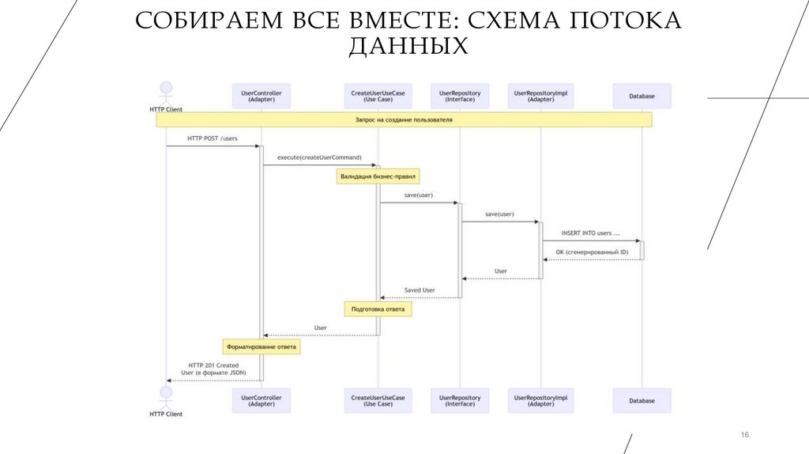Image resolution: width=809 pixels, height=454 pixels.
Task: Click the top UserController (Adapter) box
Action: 261,96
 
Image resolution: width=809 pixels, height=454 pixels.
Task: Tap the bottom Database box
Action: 642,401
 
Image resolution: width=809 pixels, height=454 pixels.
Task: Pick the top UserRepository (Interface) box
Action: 460,96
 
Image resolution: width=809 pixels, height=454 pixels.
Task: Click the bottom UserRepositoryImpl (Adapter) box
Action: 541,401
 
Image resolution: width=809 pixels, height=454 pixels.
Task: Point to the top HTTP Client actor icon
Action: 166,89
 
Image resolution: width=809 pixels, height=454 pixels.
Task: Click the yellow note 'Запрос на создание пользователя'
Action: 404,119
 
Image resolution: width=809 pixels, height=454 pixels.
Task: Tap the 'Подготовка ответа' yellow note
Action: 378,309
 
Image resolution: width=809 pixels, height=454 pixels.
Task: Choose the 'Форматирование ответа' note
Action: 262,346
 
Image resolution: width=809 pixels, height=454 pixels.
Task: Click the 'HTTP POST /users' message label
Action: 213,138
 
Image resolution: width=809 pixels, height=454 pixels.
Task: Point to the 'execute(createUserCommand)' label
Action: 319,157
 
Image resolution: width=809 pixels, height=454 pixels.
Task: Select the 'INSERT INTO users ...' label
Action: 590,233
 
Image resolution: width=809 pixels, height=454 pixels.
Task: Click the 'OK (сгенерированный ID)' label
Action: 592,252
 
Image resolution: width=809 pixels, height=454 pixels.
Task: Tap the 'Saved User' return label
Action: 420,290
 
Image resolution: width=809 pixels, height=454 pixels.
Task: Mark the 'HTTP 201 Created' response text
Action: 213,365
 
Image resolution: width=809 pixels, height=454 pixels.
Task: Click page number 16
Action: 743,436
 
